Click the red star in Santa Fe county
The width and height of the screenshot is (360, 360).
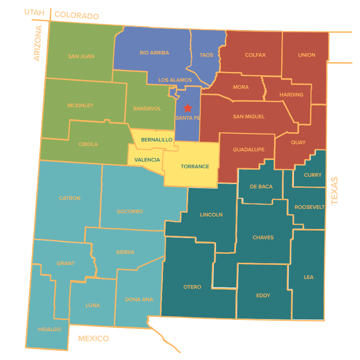point(188,108)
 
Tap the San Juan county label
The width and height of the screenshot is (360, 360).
point(81,57)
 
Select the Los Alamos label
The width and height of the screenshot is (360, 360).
point(175,80)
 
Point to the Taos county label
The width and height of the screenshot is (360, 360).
point(206,55)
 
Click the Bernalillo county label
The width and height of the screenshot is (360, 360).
point(157,140)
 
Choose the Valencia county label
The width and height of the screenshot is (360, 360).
point(147,160)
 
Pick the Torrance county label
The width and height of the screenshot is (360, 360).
point(195,166)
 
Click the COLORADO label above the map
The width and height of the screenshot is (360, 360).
point(76,16)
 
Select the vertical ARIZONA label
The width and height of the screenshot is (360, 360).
point(37,43)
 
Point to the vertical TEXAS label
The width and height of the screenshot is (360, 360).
point(334,190)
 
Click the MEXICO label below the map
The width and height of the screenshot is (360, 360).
point(94,338)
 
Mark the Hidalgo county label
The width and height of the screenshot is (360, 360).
point(50,329)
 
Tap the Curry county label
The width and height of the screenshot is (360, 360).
point(313,175)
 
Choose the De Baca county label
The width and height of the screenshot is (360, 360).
point(261,186)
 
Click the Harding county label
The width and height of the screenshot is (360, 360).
point(291,95)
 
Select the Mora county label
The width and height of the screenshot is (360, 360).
point(241,87)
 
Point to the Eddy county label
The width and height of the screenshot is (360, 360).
point(263,296)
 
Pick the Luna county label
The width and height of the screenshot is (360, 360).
point(93,306)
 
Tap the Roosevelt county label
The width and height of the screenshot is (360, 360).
point(310,207)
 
